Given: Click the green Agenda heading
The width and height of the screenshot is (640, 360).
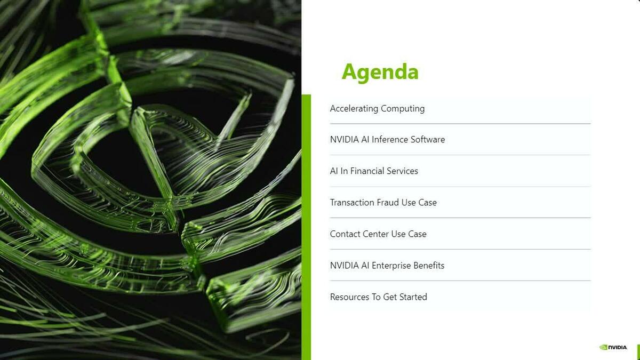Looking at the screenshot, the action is [380, 73].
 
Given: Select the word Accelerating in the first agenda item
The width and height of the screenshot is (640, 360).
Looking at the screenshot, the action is [354, 109].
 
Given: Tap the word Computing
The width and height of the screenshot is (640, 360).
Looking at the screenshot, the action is [403, 109].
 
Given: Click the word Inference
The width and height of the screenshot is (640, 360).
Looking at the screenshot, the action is [389, 139].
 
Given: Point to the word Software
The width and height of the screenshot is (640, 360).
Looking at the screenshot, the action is [428, 139].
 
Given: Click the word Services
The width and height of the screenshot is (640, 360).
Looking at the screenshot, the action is [402, 171].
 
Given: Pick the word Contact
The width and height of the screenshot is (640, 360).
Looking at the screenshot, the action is [345, 234].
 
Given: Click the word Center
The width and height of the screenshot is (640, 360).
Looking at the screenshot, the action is [375, 234].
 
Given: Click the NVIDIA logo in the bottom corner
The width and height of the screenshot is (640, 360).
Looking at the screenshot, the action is [613, 347].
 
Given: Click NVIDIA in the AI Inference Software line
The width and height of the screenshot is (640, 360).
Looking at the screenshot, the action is [345, 139].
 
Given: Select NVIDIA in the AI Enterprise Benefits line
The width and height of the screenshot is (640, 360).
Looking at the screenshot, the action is [345, 266].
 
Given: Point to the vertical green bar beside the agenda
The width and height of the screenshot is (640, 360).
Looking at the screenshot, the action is [306, 227].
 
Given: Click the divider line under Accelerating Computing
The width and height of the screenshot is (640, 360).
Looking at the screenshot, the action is [460, 124].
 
